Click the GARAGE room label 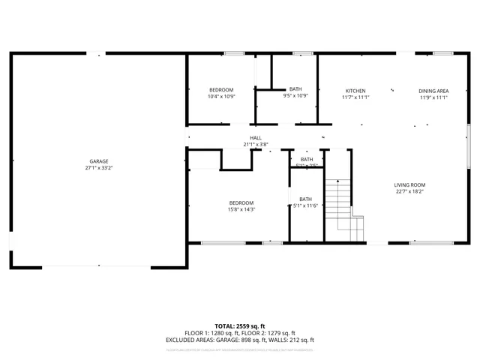pos(99,161)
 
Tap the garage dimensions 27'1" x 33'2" pos(99,168)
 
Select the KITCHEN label pos(355,91)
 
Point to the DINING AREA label pos(433,91)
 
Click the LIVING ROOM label pos(410,184)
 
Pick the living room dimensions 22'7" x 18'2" pos(410,191)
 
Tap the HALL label pos(256,138)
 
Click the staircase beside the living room pos(340,206)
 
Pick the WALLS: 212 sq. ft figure pos(293,340)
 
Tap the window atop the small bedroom pos(234,53)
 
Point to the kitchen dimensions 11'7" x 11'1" pos(355,97)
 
